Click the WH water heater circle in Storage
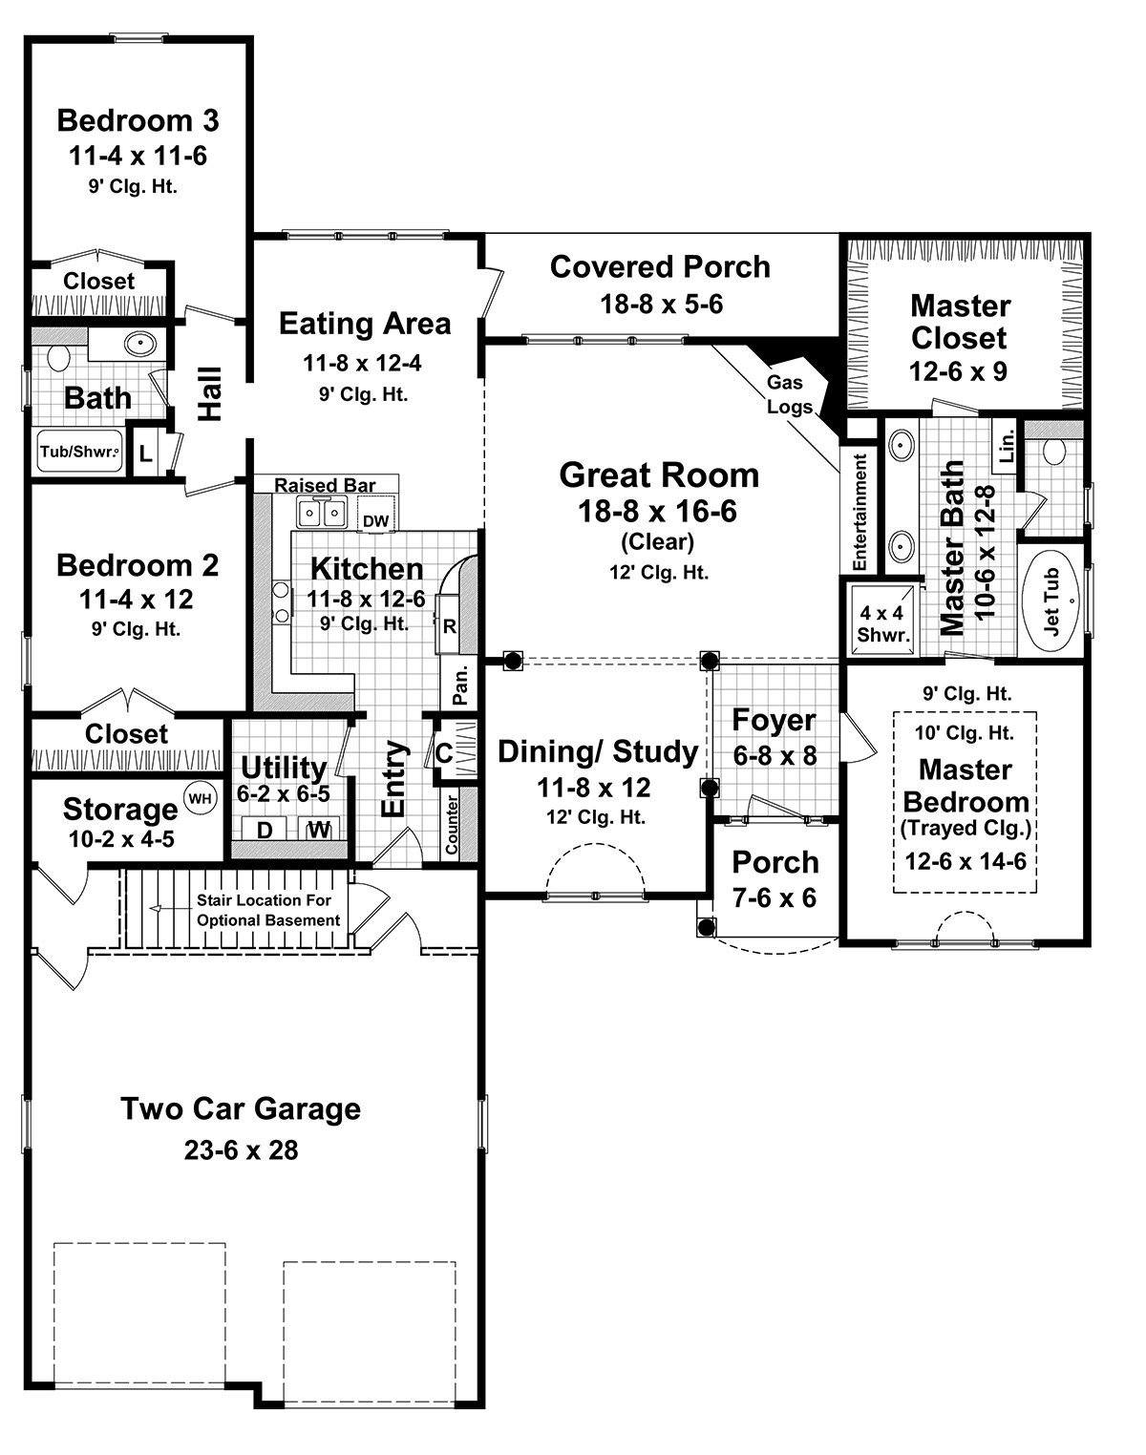pos(200,798)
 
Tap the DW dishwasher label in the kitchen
pos(376,520)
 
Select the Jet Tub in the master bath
pos(1052,601)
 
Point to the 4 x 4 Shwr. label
pos(882,624)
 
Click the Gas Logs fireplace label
pos(788,394)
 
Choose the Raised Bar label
pos(325,485)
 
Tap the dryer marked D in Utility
pos(264,829)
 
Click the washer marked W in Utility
pos(319,829)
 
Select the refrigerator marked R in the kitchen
pos(449,625)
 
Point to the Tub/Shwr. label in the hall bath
pos(80,451)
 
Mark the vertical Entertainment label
pos(859,512)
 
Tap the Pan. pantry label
pos(460,685)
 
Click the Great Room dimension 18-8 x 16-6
pos(657,511)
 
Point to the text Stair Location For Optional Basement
pos(268,910)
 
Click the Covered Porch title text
pos(660,267)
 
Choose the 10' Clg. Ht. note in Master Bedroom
pos(964,733)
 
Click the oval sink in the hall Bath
pos(140,344)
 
